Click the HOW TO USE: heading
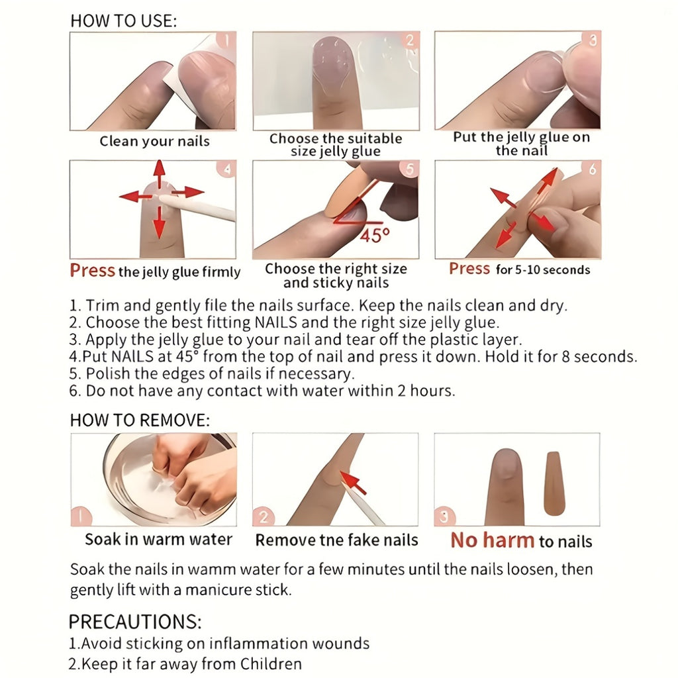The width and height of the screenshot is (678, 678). click(124, 21)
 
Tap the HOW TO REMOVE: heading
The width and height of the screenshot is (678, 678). click(140, 420)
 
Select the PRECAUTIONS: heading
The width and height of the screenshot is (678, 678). click(135, 622)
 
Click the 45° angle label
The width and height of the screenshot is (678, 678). click(375, 235)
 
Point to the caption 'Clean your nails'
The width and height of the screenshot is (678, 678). click(154, 142)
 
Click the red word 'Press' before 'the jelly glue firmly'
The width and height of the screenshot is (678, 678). click(93, 270)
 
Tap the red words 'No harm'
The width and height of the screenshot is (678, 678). click(493, 540)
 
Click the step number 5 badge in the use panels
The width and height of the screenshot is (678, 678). click(410, 169)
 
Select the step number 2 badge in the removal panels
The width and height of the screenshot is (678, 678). click(263, 516)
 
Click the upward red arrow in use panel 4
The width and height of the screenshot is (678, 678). click(160, 174)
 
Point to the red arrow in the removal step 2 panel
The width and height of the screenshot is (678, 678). click(354, 483)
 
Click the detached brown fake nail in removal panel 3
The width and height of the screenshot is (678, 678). click(554, 483)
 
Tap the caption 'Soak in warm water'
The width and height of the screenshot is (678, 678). click(159, 540)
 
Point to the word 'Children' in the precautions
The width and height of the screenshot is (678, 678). click(271, 663)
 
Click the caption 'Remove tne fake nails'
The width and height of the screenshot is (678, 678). click(337, 540)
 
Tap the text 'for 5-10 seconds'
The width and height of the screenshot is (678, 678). click(543, 270)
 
